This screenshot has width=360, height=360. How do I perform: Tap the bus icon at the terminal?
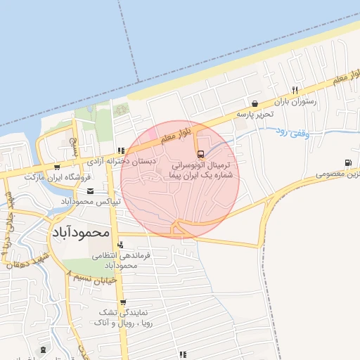201,153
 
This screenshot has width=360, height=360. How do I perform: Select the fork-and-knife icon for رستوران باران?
295,90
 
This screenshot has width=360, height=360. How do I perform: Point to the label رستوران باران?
296,101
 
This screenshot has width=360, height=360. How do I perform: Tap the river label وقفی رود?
290,131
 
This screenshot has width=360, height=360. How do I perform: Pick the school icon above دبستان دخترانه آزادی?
121,150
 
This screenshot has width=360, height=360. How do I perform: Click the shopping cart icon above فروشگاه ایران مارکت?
56,167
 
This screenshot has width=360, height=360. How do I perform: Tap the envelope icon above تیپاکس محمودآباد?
89,191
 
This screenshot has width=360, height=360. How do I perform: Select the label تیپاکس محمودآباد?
91,202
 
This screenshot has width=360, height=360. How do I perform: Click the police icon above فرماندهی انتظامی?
120,245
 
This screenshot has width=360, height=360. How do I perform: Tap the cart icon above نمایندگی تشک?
123,302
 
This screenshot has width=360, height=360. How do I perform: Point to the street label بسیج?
73,146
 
